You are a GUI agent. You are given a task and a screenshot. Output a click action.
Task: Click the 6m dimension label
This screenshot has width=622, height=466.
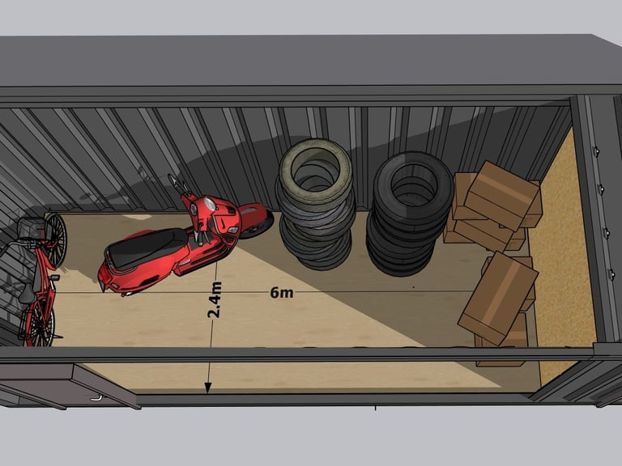coord(282,293)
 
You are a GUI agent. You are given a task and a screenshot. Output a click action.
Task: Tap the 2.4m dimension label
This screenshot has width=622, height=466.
coord(214,300)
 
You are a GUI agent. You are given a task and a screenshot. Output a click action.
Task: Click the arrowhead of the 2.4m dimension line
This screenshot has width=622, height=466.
coord(208,388)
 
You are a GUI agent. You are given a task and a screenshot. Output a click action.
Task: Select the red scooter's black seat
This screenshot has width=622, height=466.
coord(147,247)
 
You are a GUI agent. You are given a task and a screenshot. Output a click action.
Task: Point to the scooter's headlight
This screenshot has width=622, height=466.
coord(211,204)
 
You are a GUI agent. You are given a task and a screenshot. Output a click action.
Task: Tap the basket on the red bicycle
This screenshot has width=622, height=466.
coord(33,229)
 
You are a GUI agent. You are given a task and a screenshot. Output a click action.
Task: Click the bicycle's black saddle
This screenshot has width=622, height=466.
coord(27,294)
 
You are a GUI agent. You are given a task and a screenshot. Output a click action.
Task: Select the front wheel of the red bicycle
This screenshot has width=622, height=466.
coord(57,240)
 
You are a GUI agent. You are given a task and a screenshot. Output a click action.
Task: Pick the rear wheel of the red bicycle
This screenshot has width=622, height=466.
coord(39,323)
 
